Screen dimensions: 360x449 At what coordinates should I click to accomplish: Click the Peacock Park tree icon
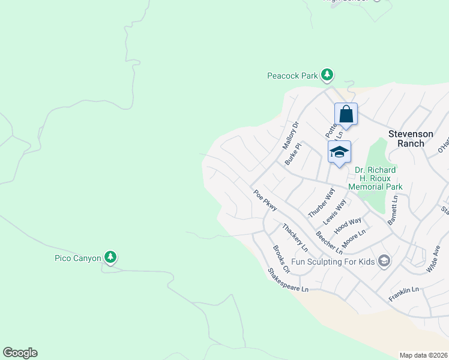coord(327,75)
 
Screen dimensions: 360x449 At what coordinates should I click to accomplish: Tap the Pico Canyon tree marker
coord(110,258)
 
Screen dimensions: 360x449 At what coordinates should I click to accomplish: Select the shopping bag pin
coord(346,113)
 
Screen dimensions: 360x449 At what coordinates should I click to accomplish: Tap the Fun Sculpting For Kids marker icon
coord(384,261)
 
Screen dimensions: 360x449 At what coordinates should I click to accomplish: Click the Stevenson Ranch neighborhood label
coord(415,139)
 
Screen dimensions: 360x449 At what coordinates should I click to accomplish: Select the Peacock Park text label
coord(292,76)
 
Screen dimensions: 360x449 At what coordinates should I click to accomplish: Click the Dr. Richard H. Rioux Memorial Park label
coord(378,178)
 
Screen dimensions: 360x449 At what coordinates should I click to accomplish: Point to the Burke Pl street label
coord(293,154)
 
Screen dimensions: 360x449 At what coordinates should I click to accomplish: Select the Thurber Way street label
coord(321,202)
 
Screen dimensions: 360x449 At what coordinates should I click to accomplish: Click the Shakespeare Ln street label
coord(288,281)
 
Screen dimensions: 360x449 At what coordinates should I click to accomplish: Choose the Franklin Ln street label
coord(403,293)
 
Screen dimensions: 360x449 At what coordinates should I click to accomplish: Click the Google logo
coord(20,353)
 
